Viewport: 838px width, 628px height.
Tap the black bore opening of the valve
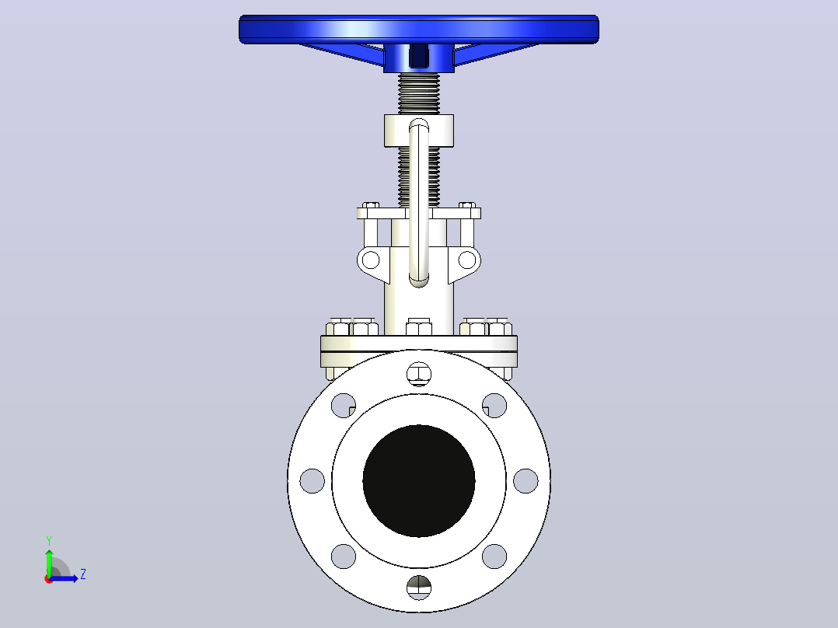(419, 481)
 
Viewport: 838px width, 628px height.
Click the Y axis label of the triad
(49, 541)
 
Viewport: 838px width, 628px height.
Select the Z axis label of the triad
(83, 574)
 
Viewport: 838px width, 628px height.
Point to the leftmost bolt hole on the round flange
(313, 481)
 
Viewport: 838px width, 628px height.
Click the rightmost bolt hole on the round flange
(525, 481)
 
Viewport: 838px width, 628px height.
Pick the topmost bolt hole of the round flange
(419, 374)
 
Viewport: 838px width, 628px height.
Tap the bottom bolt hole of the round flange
(419, 588)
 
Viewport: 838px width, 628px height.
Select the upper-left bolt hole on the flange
(344, 406)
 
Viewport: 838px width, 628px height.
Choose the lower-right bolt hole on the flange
(494, 556)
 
